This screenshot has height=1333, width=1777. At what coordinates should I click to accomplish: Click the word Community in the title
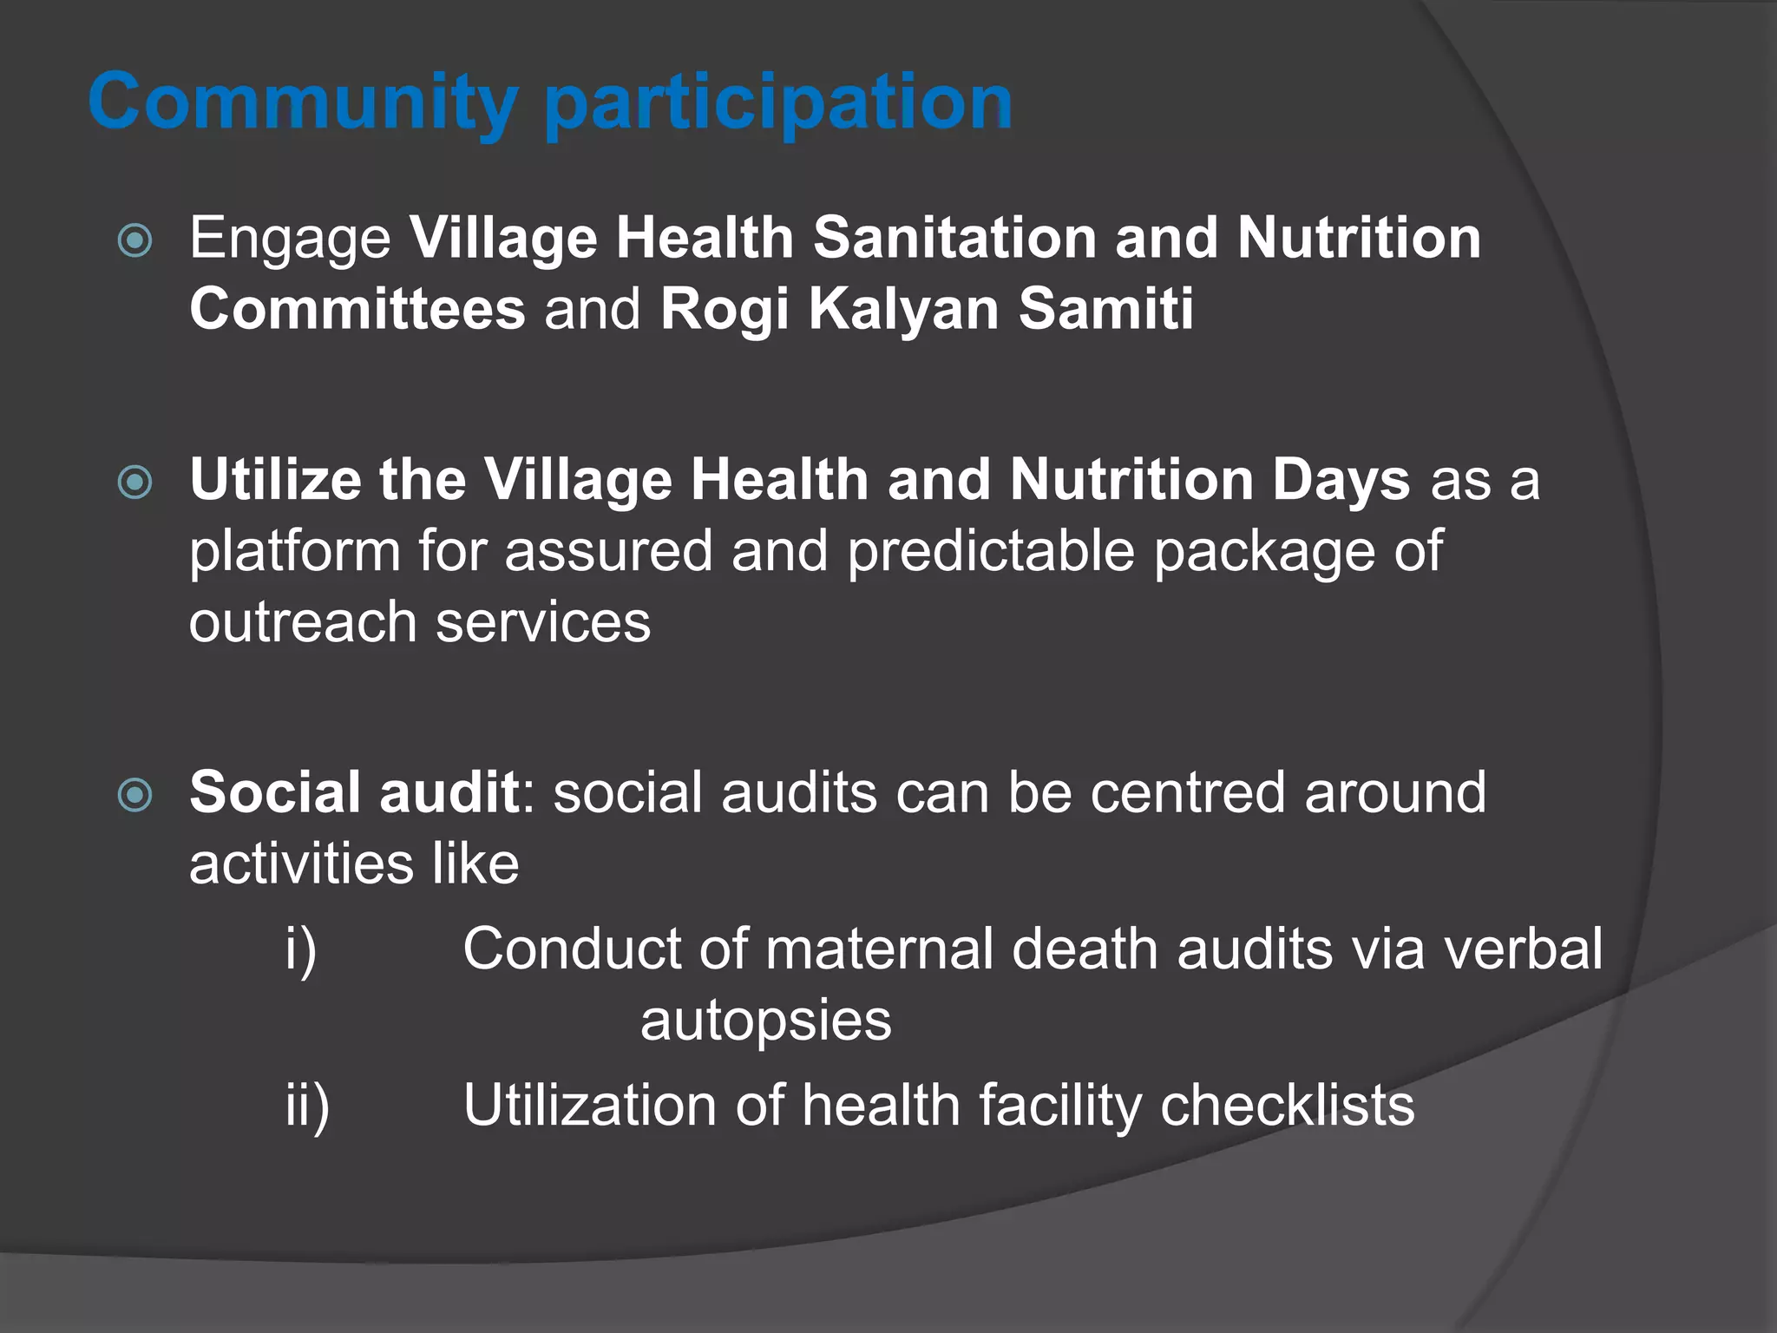click(303, 102)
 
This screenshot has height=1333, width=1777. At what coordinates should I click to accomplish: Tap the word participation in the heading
click(778, 104)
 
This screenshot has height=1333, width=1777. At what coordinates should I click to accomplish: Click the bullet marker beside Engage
click(135, 240)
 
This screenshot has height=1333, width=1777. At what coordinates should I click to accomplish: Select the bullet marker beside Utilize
click(135, 482)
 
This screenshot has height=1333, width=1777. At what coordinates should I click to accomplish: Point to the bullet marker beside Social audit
click(135, 794)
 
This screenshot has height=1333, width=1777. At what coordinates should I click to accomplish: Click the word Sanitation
click(954, 238)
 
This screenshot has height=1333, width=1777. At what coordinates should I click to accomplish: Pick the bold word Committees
click(357, 309)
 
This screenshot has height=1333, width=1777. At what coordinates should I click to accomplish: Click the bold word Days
click(1341, 481)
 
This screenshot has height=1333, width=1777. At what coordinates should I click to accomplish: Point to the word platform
click(294, 552)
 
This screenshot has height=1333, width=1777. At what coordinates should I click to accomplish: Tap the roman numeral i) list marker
click(301, 949)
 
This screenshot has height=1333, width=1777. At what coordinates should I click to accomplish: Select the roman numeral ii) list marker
click(307, 1106)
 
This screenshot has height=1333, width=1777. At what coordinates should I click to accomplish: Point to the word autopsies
click(765, 1021)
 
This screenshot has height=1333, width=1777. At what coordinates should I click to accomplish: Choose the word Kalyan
click(903, 311)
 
